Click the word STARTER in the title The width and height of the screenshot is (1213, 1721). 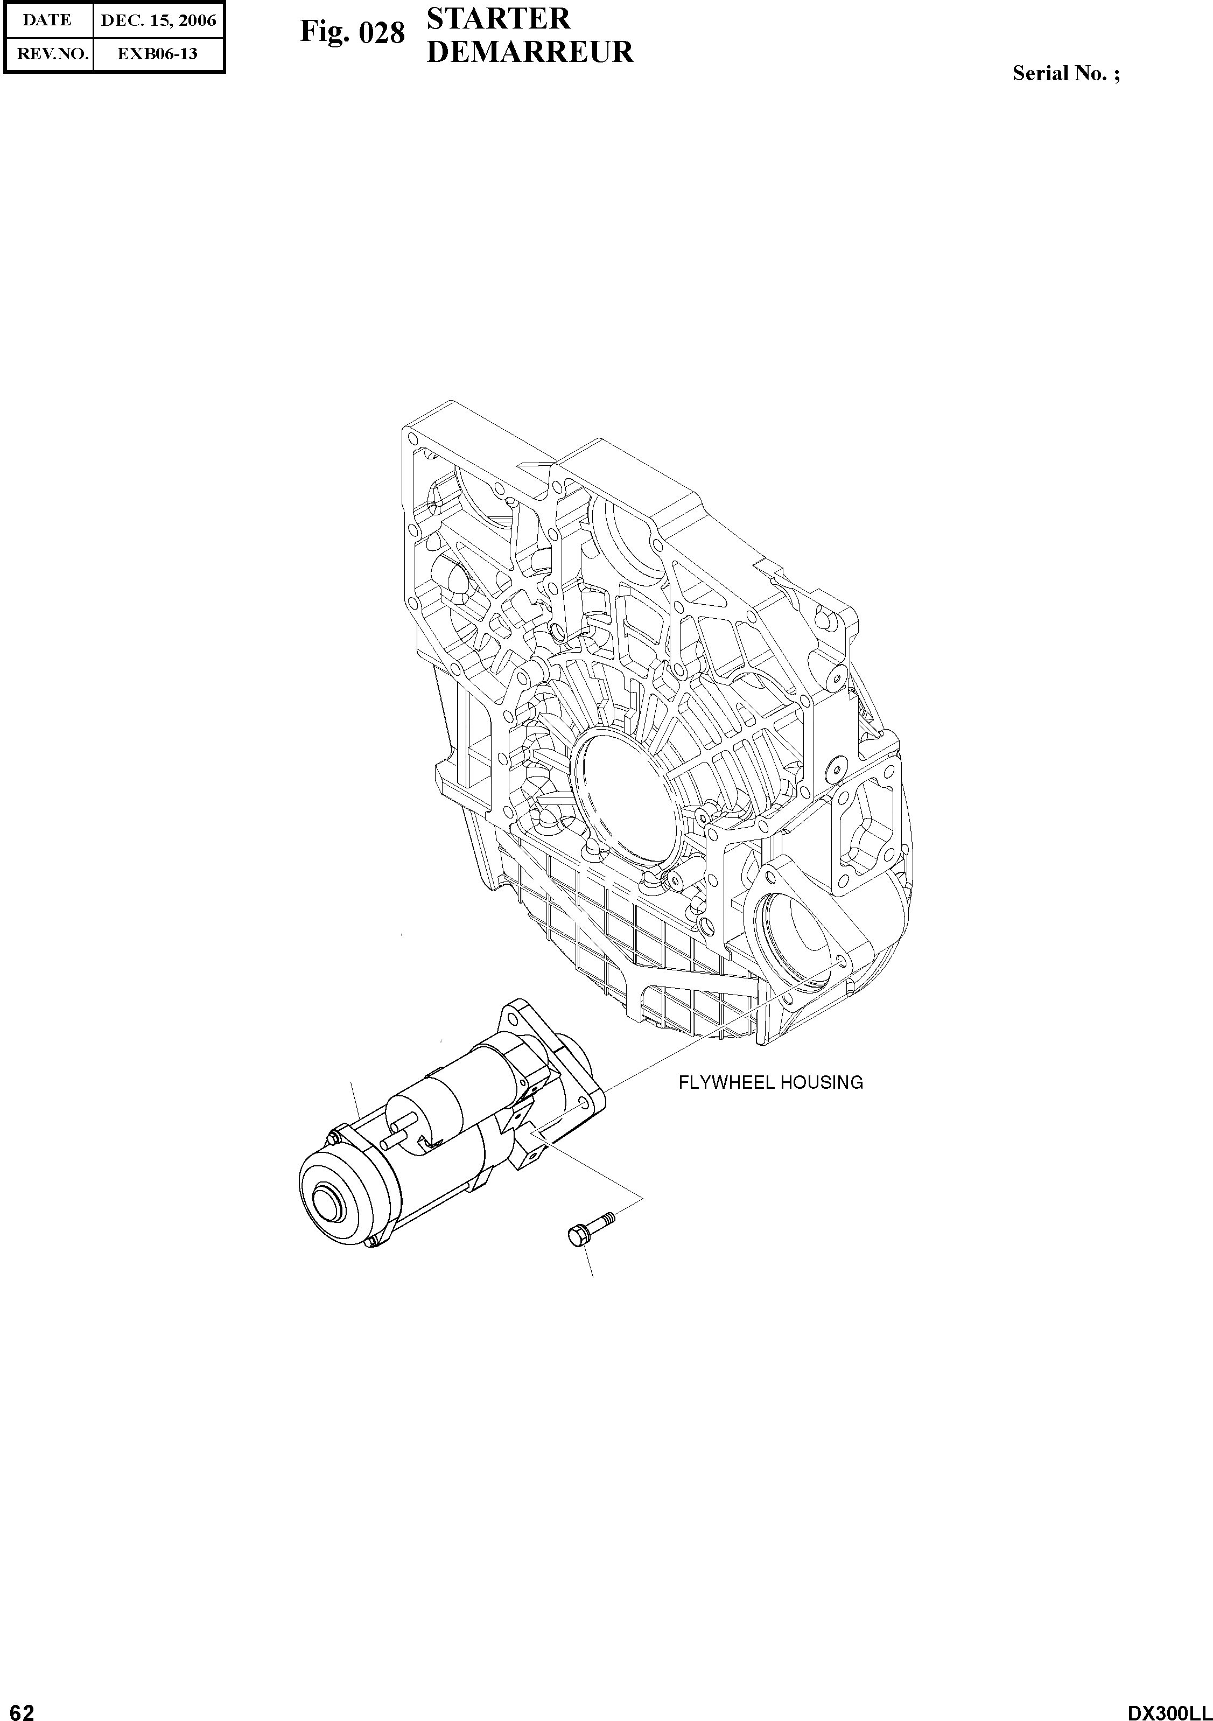coord(497,19)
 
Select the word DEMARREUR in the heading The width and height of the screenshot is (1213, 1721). coord(530,52)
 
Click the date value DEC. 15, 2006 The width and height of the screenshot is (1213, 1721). coord(158,20)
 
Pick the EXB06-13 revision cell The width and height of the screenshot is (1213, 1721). coord(158,54)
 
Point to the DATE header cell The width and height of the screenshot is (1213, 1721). coord(47,20)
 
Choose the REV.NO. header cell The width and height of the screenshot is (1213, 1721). coord(47,54)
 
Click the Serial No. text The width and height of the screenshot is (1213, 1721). coord(1066,73)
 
